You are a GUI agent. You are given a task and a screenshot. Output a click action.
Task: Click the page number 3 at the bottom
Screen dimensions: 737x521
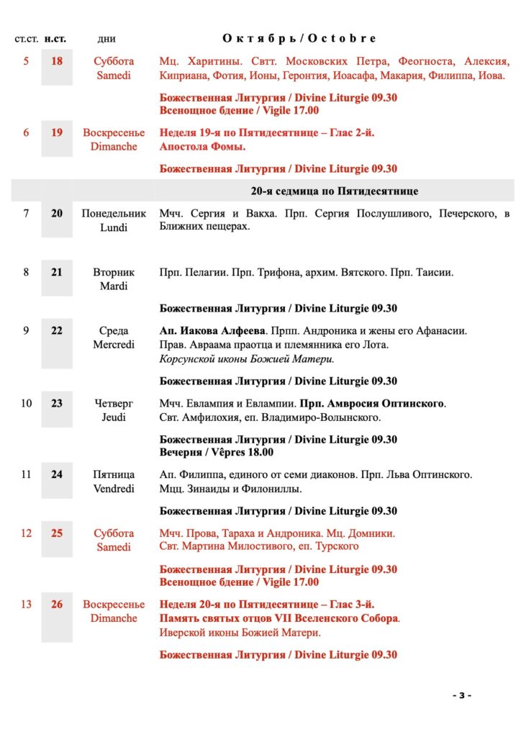point(461,695)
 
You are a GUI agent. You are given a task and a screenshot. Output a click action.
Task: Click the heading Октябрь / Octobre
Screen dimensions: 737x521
point(299,38)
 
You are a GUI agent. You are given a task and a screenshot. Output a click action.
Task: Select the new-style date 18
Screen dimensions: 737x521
point(56,61)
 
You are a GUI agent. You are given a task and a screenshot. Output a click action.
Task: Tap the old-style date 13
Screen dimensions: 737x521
point(26,605)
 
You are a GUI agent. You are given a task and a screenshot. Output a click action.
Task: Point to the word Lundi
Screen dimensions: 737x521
point(114,227)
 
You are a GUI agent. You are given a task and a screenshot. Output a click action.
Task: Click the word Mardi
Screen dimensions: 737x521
point(114,286)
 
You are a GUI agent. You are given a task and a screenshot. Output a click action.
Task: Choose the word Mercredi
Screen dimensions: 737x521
point(114,345)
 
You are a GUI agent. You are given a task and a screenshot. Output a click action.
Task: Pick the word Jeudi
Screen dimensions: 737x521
point(114,417)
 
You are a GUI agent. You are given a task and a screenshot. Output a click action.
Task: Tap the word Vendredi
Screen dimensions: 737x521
point(114,489)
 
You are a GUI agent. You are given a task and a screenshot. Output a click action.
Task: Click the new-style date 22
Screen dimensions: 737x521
point(56,331)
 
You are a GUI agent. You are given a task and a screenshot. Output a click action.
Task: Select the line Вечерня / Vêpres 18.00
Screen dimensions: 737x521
point(216,453)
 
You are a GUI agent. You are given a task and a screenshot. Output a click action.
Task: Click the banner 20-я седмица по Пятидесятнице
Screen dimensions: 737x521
point(334,191)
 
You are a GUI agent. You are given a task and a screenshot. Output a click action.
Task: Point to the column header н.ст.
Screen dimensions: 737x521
point(56,39)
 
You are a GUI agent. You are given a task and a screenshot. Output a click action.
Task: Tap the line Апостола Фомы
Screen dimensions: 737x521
point(202,147)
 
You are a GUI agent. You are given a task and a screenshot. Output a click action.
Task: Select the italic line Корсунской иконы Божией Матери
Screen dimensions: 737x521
point(246,359)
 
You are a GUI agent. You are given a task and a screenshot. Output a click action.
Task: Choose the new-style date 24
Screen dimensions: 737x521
point(56,475)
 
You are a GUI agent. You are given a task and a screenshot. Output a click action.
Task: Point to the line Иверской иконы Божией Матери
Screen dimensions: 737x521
point(240,633)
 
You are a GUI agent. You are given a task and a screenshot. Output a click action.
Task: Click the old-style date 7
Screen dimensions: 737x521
point(26,214)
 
